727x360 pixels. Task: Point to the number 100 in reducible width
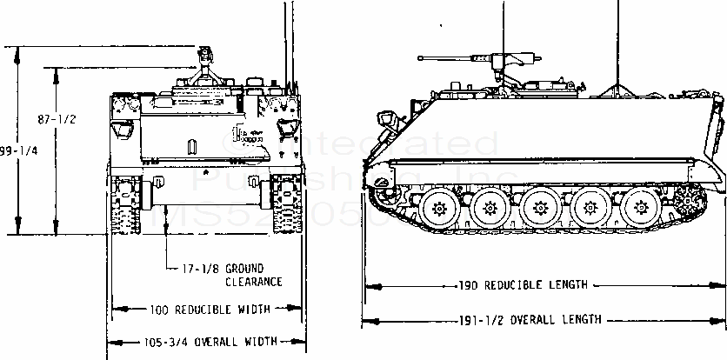[158, 309]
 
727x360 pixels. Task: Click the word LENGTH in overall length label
[581, 319]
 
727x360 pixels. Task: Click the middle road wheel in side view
[541, 209]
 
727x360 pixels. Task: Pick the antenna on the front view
[286, 43]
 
